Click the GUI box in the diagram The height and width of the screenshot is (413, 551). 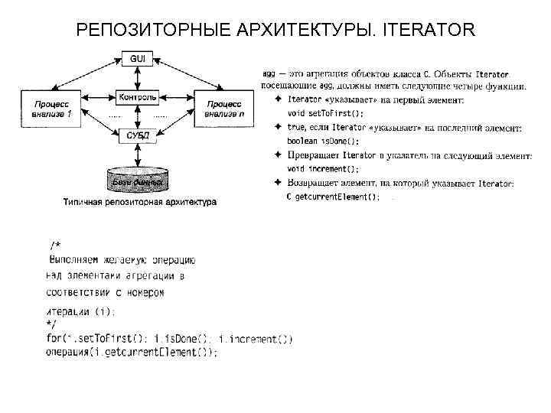click(137, 59)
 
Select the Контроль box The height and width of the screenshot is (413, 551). click(137, 97)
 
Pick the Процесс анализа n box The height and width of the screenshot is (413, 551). click(224, 107)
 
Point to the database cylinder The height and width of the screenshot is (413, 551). click(138, 180)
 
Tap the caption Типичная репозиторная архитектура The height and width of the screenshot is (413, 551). click(139, 203)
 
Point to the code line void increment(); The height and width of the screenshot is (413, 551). click(324, 169)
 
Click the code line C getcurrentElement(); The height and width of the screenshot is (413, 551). click(333, 197)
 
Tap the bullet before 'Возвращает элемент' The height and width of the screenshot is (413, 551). click(277, 184)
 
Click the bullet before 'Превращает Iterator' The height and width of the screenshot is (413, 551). click(277, 155)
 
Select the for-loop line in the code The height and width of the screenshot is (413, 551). click(169, 339)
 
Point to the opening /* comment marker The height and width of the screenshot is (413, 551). click(55, 245)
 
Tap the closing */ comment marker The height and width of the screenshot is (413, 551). click(51, 325)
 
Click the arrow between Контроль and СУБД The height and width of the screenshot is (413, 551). click(137, 116)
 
